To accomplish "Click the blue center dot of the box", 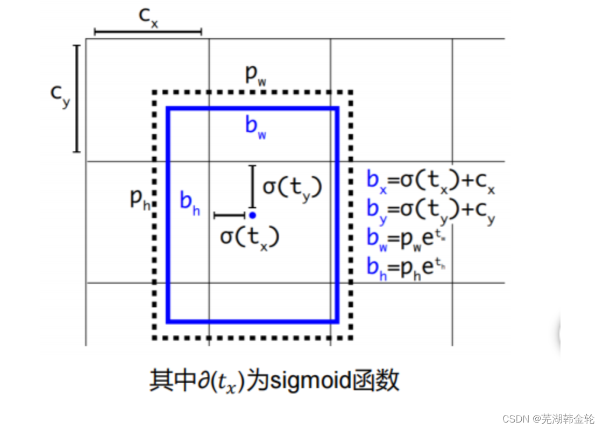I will pos(252,215).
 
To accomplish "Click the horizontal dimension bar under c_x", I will pos(147,32).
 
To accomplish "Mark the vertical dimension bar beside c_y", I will pos(76,99).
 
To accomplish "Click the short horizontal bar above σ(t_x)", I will pos(230,215).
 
